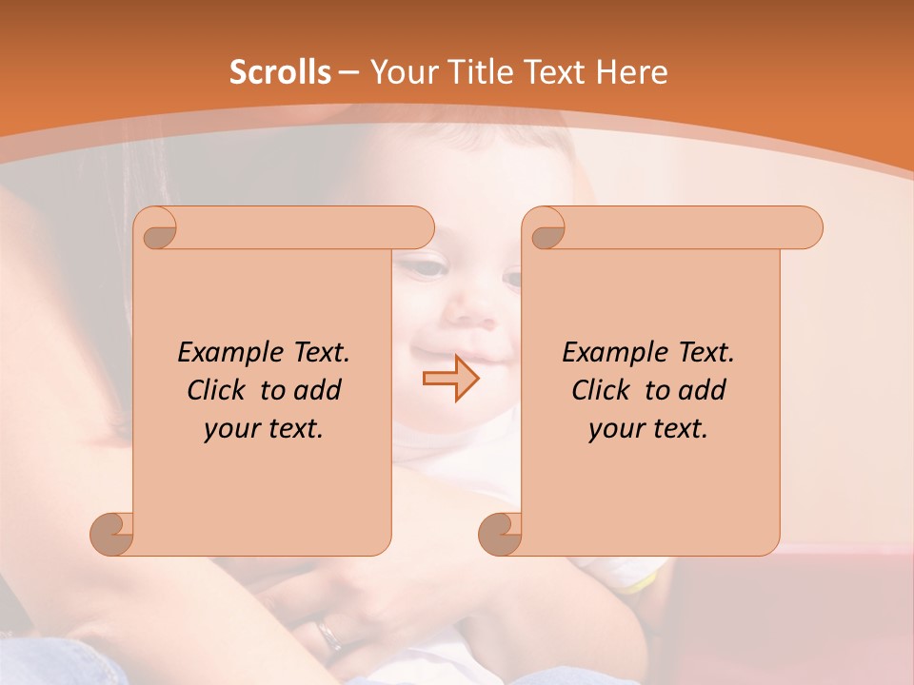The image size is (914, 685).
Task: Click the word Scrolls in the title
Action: coord(281,72)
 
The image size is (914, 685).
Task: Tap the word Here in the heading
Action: coord(631,72)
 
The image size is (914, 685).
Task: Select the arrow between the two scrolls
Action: coord(450,379)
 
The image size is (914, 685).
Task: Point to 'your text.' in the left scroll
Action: coord(264,429)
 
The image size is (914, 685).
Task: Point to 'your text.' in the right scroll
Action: coord(648,429)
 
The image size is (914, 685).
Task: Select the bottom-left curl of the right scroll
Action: coord(500,533)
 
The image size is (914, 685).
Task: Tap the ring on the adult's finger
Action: coord(329,634)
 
